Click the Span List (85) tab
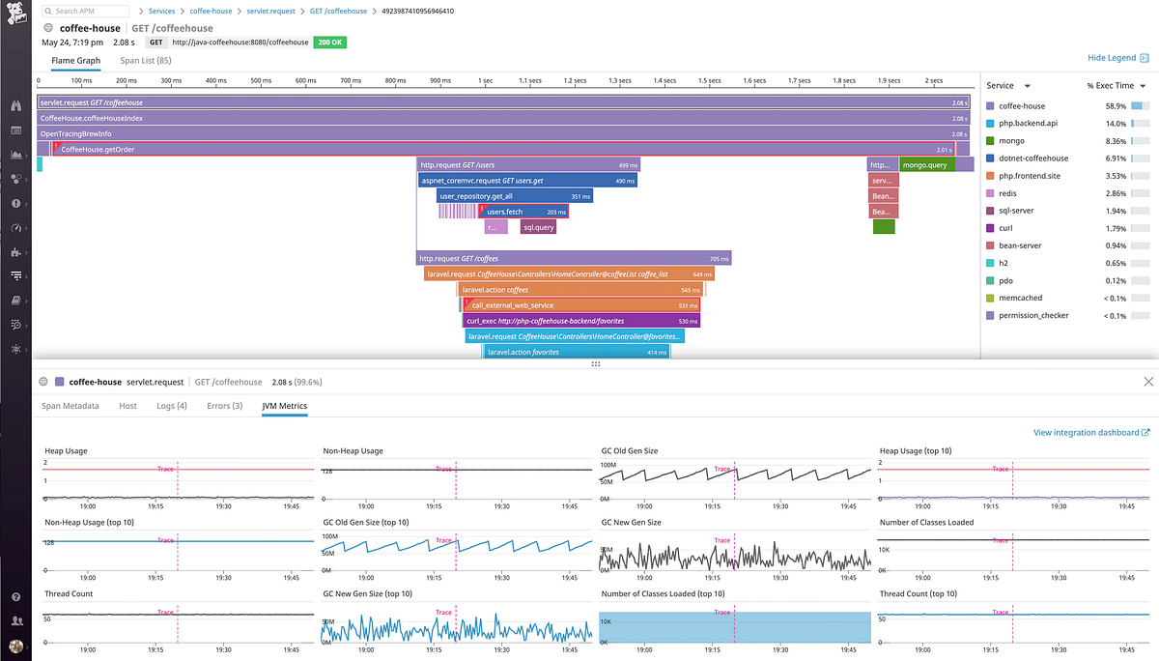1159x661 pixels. coord(145,60)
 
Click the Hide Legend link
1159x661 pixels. coord(1112,59)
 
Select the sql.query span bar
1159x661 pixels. coord(538,227)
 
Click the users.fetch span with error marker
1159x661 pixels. coord(524,212)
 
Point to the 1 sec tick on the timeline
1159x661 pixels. coord(485,81)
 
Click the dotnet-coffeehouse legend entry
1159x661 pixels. coord(1032,158)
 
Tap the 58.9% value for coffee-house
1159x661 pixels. coord(1116,106)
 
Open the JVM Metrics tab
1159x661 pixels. coord(284,406)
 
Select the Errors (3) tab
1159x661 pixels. coord(224,406)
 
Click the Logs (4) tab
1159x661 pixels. coord(172,406)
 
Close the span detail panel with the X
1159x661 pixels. coord(1147,382)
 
